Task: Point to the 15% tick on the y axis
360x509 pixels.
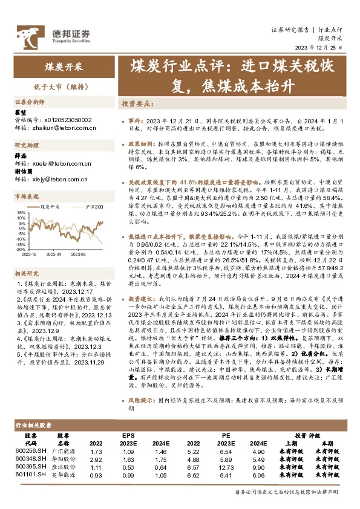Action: point(21,212)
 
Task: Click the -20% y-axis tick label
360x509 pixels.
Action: point(20,248)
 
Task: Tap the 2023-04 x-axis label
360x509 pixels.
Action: point(55,254)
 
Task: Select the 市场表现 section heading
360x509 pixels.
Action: point(27,196)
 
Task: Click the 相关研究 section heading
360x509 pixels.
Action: point(27,256)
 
